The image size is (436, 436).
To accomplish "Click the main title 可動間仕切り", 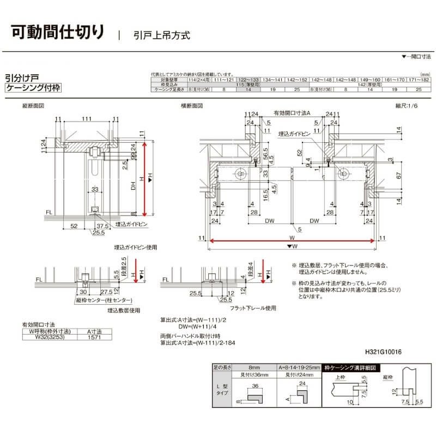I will pos(57,31).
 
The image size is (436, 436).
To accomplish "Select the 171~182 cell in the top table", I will pos(419,80).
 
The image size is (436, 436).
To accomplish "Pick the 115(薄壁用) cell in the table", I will pos(247,84).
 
